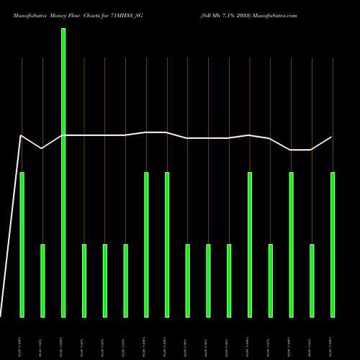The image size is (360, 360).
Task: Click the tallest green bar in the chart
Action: coord(63,173)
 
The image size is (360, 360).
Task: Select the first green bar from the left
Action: coord(22,245)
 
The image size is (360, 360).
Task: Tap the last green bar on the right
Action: coord(333,245)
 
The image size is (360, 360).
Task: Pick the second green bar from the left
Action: coord(42,281)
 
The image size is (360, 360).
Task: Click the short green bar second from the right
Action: coord(312,281)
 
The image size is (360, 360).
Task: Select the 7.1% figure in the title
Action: coord(228,14)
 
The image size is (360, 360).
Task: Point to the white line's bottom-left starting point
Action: coord(1,317)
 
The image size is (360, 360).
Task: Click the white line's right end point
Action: coord(332,137)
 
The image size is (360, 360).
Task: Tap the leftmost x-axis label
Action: coord(22,346)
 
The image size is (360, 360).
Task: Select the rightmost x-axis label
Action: coord(333,346)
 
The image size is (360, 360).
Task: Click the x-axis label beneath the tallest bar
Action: coord(63,346)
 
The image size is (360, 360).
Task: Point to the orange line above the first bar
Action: coord(22,94)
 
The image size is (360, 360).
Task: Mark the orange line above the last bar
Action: coord(333,94)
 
